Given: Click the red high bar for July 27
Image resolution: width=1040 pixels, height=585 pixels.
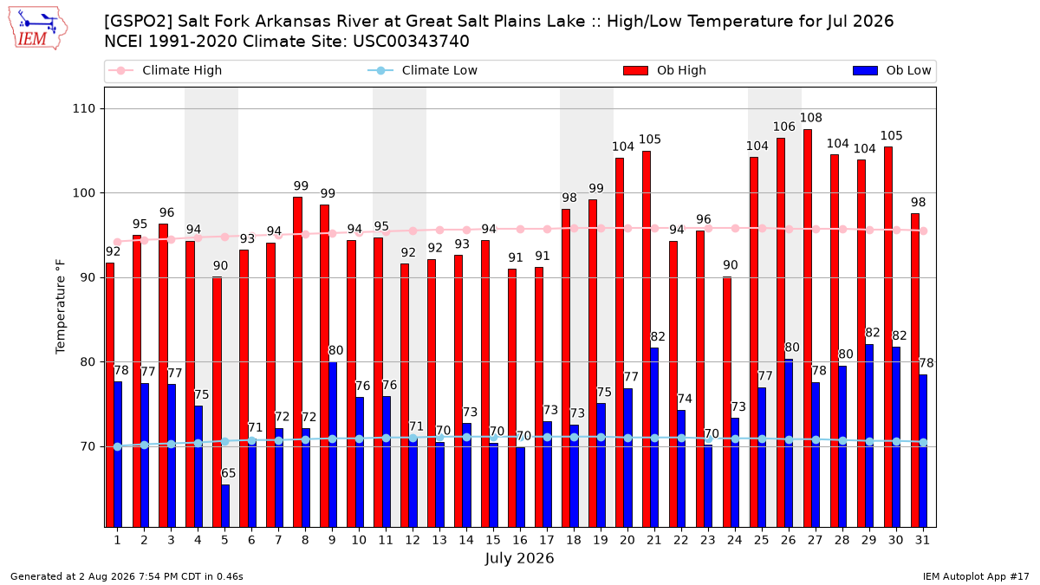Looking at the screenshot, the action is click(808, 328).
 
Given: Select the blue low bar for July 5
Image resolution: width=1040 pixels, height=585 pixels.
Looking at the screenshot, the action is click(225, 506).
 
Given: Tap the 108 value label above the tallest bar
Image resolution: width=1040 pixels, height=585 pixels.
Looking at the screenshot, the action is click(810, 118).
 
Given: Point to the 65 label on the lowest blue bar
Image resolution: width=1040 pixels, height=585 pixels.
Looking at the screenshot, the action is click(229, 473).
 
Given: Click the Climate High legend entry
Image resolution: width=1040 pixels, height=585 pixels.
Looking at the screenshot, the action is click(165, 70).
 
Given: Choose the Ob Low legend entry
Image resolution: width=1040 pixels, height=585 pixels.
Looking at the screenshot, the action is click(892, 70).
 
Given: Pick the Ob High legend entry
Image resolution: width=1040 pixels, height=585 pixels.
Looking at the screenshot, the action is click(665, 70).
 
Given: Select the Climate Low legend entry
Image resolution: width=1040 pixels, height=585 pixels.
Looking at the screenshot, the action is click(423, 70).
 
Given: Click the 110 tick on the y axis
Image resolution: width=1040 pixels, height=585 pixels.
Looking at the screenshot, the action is click(83, 108).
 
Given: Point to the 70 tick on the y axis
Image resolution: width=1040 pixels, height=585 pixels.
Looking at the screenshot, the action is click(88, 446).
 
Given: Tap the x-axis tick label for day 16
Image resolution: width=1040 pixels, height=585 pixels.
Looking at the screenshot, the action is click(520, 541).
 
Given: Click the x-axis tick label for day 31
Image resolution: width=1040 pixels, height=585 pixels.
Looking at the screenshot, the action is click(922, 541).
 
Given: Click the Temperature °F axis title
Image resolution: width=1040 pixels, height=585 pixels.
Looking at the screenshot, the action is click(61, 307).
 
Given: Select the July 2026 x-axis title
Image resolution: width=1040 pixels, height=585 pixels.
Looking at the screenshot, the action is click(519, 558).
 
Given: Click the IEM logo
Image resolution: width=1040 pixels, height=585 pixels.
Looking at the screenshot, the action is click(37, 29).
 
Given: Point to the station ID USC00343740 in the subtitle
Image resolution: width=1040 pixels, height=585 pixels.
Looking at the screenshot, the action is click(411, 42).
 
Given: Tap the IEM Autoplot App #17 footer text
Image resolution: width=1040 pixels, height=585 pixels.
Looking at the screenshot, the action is click(976, 576).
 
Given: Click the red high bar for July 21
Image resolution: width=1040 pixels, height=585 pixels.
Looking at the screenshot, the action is click(647, 339).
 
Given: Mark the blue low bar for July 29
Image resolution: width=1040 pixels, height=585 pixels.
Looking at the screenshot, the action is click(869, 436).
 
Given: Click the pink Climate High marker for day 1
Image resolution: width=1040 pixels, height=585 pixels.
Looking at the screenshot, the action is click(118, 242).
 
